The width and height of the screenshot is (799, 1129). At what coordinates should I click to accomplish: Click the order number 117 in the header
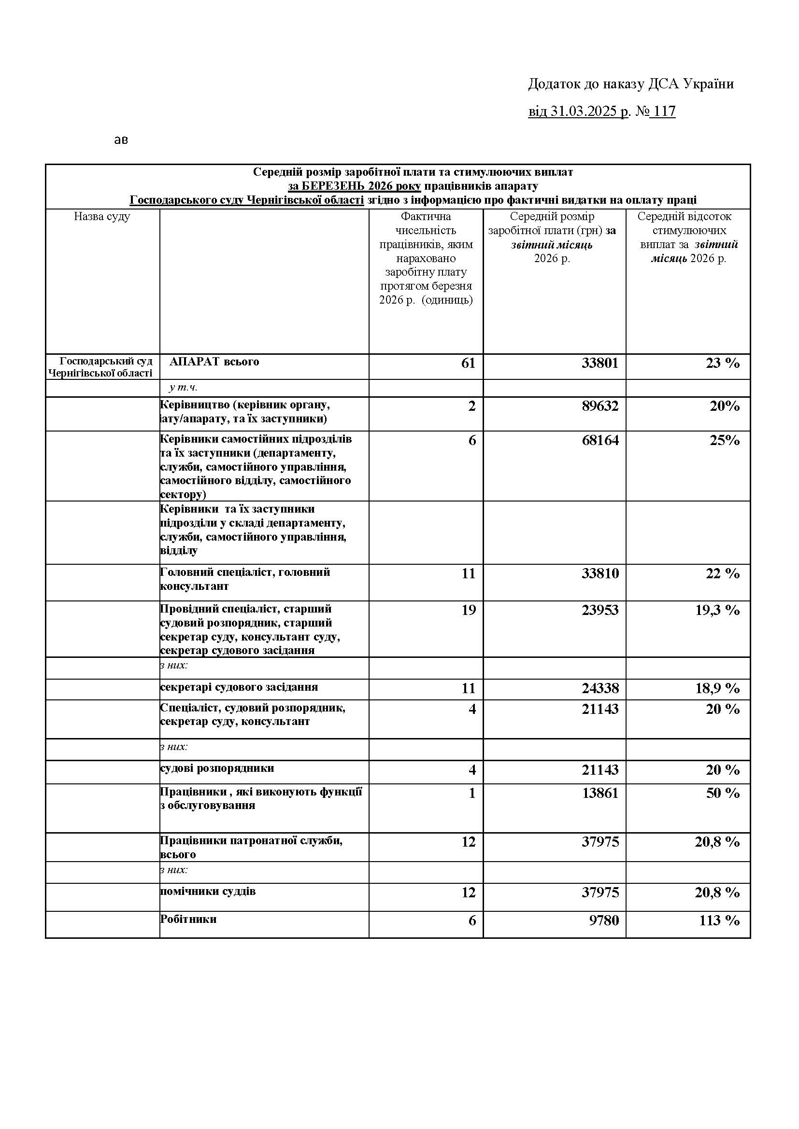[x=664, y=112]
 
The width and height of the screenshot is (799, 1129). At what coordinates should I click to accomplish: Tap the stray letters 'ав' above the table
[x=121, y=140]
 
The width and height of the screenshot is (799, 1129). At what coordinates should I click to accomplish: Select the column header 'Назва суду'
[x=102, y=217]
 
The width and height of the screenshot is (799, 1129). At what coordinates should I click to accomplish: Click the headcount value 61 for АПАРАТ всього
[x=468, y=363]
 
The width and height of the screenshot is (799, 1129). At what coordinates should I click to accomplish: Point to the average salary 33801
[x=600, y=363]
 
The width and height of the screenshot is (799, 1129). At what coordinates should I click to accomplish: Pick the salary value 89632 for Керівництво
[x=600, y=406]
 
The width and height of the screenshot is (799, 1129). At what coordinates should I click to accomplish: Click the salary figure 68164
[x=600, y=440]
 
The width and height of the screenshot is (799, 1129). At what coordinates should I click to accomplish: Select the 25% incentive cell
[x=724, y=440]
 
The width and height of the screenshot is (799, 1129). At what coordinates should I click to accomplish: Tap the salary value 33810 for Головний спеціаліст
[x=600, y=573]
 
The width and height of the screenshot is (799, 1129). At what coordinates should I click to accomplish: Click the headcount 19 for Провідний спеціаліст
[x=468, y=610]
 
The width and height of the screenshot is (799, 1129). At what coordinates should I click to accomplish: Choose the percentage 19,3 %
[x=717, y=610]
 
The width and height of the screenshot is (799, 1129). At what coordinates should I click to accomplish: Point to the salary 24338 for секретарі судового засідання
[x=600, y=688]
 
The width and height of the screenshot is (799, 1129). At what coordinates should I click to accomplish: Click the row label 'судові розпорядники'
[x=217, y=768]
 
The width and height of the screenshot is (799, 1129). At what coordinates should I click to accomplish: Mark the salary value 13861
[x=600, y=793]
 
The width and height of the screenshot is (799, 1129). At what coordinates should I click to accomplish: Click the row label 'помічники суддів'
[x=208, y=892]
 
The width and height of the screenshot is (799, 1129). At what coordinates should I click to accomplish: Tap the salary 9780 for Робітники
[x=604, y=920]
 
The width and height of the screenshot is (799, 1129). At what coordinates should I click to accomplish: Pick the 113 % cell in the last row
[x=719, y=920]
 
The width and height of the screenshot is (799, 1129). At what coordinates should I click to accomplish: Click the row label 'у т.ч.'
[x=183, y=388]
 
